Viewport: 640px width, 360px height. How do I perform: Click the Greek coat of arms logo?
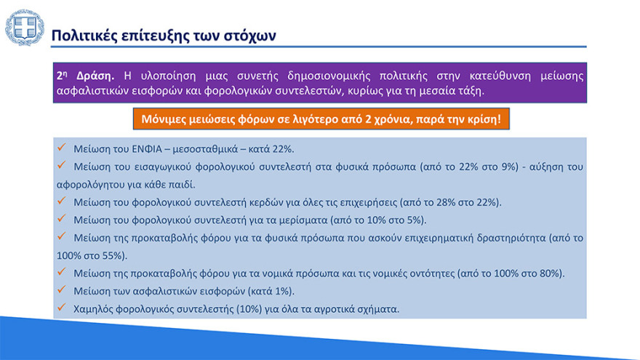[24, 28]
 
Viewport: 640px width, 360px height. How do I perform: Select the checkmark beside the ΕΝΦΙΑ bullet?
[63, 148]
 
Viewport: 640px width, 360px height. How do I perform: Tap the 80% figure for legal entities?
[551, 273]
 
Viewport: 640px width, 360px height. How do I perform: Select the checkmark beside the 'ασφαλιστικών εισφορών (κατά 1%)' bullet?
[63, 290]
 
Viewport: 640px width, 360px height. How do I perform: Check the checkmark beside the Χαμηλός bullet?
[63, 308]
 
